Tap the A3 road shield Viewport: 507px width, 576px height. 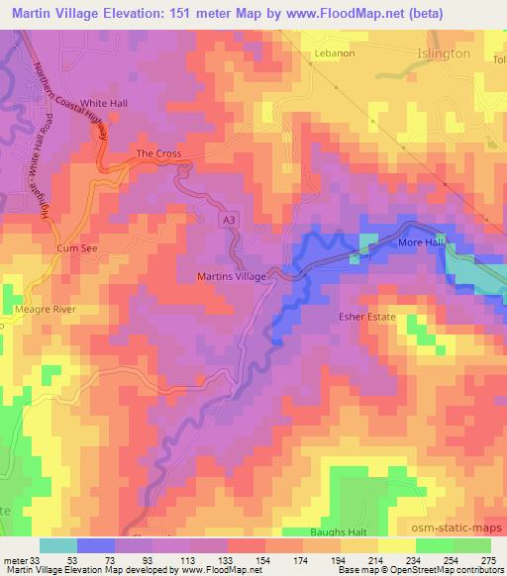coord(228,225)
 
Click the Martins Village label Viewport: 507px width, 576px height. coord(232,277)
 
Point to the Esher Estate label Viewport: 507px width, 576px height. coord(364,318)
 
